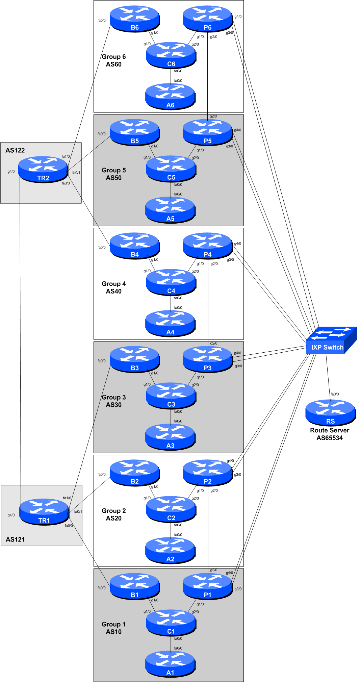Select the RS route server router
(330, 413)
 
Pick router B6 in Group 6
(135, 19)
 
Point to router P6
(207, 19)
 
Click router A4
(170, 324)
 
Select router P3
(207, 359)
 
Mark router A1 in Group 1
(170, 664)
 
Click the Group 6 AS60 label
(114, 60)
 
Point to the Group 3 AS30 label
(114, 401)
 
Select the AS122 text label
(15, 150)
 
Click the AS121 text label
(15, 539)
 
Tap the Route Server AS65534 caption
(330, 434)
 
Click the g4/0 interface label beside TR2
(11, 172)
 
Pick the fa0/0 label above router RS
(335, 394)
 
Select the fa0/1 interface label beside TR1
(78, 511)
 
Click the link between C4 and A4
(170, 303)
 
